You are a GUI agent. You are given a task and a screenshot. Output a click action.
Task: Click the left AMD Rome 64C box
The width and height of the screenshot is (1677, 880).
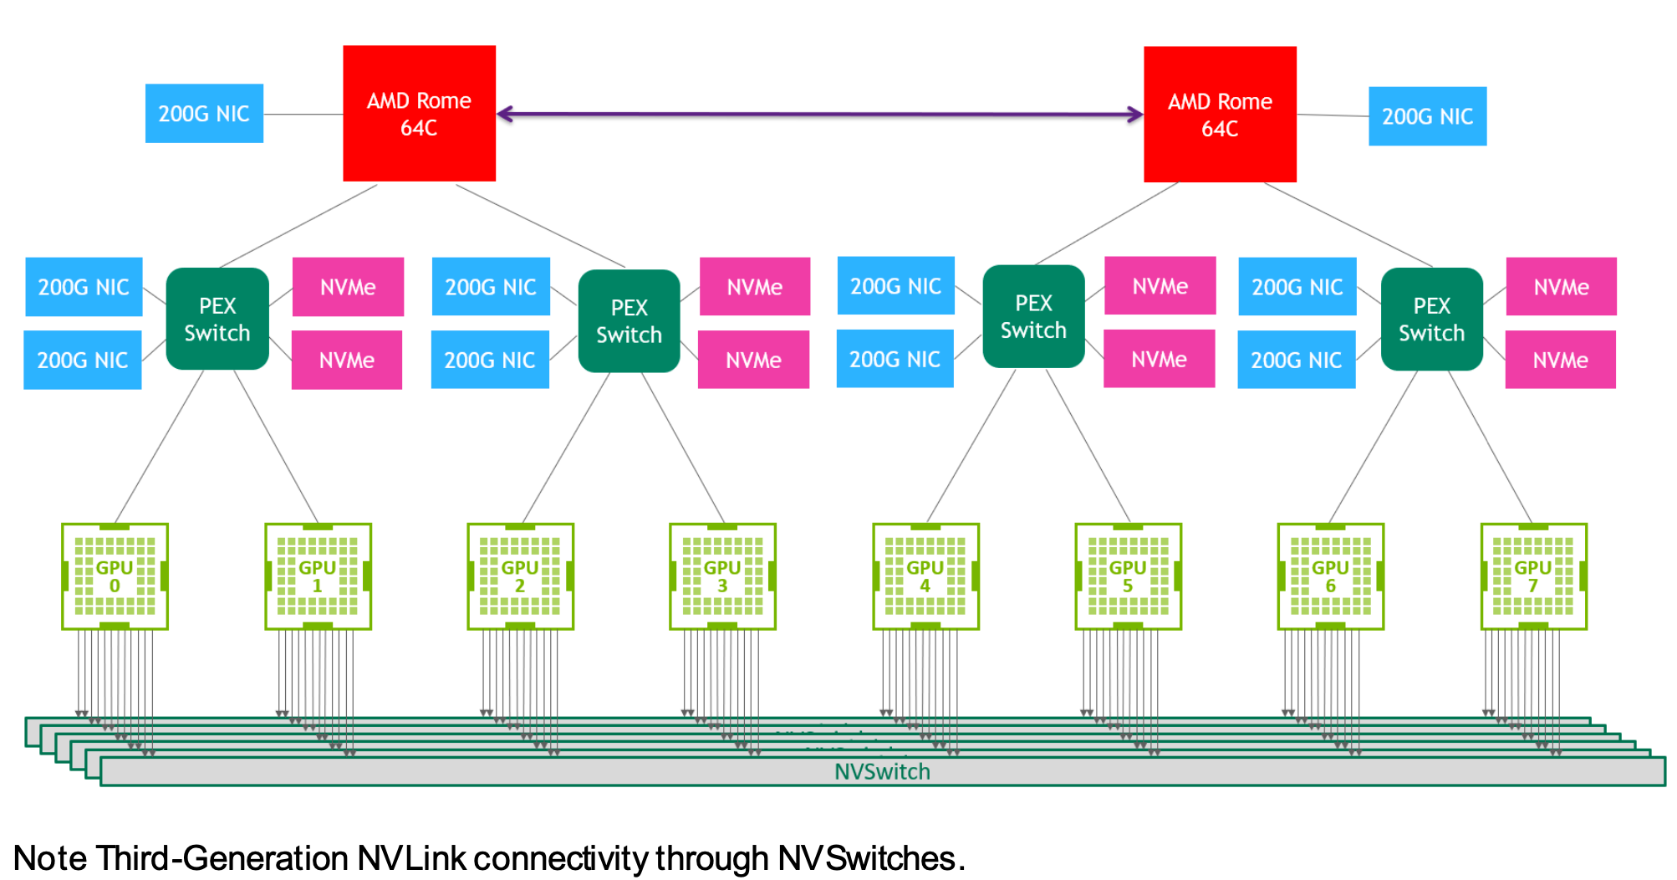419,114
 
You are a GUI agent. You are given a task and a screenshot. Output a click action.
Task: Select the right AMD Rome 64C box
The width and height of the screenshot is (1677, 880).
1220,115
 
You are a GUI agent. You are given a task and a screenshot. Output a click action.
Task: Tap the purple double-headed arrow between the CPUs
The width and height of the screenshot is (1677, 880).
819,114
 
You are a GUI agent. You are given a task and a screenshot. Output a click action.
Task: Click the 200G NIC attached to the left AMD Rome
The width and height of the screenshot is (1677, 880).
204,114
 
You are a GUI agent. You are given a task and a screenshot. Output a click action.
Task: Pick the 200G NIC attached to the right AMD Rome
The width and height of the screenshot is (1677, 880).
1427,116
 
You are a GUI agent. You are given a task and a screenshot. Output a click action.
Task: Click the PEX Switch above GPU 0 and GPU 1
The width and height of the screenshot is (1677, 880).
217,319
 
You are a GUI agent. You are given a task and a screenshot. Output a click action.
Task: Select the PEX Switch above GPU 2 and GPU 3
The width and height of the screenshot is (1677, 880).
629,320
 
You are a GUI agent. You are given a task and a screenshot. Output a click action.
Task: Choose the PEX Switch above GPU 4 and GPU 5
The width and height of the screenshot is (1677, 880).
1033,316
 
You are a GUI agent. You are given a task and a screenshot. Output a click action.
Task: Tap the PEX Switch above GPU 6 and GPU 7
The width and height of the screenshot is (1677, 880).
1431,319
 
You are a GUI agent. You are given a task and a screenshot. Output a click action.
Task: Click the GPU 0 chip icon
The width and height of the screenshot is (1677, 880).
115,576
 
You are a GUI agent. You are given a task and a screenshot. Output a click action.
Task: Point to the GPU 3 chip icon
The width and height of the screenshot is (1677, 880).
722,576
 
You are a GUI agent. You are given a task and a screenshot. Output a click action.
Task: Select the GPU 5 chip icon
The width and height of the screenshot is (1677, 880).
1128,576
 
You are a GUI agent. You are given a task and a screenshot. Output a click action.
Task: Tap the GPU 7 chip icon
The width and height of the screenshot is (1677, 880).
1533,576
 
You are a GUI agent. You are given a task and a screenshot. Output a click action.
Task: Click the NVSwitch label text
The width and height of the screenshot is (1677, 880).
882,771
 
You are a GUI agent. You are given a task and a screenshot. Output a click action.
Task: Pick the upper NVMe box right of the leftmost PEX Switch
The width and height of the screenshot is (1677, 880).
348,287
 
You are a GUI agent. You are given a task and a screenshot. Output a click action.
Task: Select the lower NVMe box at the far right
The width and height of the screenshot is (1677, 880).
1560,360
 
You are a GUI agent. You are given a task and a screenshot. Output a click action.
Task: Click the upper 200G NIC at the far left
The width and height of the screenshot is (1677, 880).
84,287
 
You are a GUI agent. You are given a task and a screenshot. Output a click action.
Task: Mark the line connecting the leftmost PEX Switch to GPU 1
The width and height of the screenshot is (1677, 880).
276,447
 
